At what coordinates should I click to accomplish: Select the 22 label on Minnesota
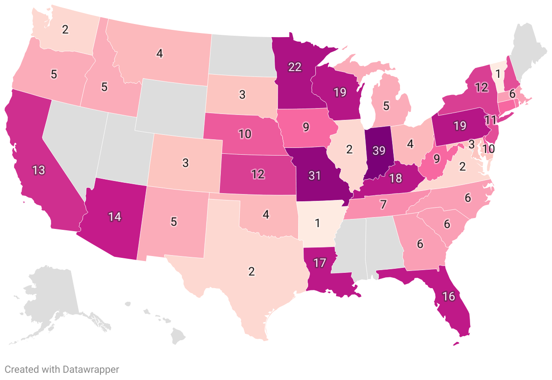(x=294, y=67)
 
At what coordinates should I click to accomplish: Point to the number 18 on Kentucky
(x=395, y=178)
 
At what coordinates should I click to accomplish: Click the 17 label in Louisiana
(x=319, y=263)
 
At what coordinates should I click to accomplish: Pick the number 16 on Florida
(x=448, y=297)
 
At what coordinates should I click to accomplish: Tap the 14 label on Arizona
(x=114, y=216)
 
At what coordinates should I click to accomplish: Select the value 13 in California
(x=38, y=170)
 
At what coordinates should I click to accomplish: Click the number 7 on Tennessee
(x=383, y=204)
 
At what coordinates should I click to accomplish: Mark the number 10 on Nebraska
(x=245, y=134)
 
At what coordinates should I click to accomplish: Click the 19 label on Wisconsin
(x=340, y=92)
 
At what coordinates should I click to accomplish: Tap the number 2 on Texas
(x=252, y=271)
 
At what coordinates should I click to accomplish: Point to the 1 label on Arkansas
(x=317, y=223)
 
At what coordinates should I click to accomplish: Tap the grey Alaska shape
(x=50, y=299)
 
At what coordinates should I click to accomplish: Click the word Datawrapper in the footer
(x=89, y=370)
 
